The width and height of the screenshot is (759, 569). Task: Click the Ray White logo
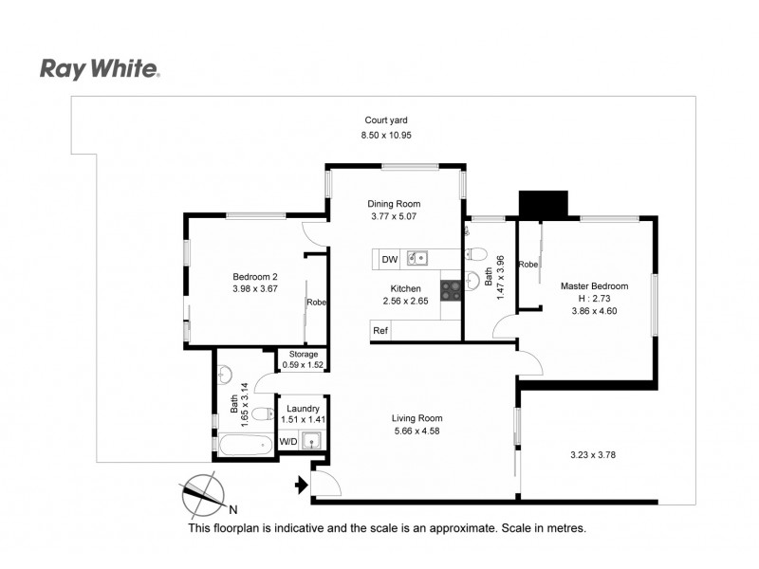[x=99, y=68]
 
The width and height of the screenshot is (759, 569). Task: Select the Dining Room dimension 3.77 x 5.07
[x=395, y=217]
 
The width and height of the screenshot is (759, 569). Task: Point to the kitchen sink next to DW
[x=417, y=258]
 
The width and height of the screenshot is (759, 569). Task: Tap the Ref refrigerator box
[x=380, y=330]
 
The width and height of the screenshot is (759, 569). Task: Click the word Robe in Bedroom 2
[x=316, y=303]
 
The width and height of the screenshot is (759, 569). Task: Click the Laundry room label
[x=303, y=409]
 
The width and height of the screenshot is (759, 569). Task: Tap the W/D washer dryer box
[x=287, y=441]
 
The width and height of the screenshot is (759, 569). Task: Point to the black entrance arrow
[x=302, y=486]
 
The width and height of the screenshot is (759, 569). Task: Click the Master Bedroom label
[x=595, y=285]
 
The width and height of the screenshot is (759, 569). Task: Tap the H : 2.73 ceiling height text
[x=595, y=298]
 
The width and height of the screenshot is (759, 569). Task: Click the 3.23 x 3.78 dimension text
[x=589, y=454]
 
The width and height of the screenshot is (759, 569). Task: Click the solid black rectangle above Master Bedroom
[x=543, y=204]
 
